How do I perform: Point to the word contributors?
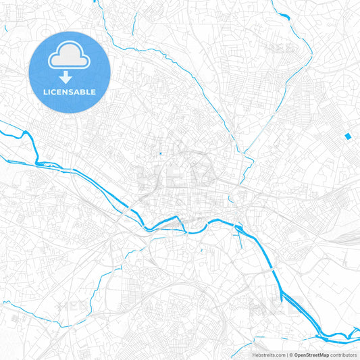pyautogui.click(x=342, y=354)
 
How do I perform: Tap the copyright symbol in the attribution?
pyautogui.click(x=290, y=354)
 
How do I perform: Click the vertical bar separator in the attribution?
pyautogui.click(x=286, y=354)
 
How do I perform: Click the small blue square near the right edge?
pyautogui.click(x=348, y=136)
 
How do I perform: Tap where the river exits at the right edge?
pyautogui.click(x=357, y=329)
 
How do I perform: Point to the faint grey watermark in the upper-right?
pyautogui.click(x=280, y=47)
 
